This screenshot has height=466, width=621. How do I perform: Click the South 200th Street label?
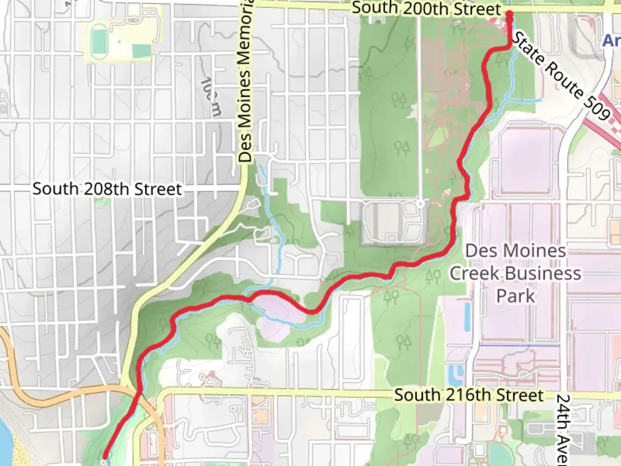coord(426,9)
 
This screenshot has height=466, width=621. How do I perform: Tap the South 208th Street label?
coord(107,189)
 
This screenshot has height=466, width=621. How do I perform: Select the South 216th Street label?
coord(468,395)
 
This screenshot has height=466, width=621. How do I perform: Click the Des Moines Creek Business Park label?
coord(515,273)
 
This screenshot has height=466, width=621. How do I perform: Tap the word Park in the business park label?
coord(515,296)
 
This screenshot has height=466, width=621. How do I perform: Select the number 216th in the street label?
coord(468,395)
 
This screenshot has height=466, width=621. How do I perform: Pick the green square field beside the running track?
coord(141,51)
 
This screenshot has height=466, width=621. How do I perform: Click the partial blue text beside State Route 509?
coord(612,41)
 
